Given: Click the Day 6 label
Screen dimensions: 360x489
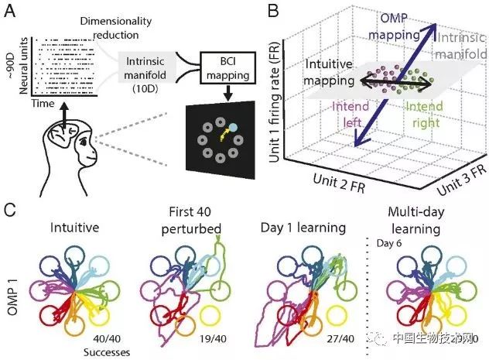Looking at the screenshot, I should click(x=387, y=245).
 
